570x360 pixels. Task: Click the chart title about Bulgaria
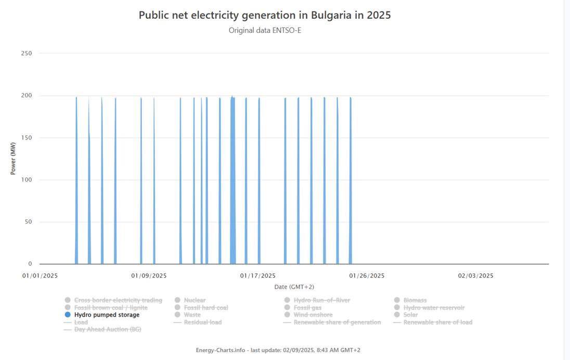coord(265,15)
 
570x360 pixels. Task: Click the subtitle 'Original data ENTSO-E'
coord(265,30)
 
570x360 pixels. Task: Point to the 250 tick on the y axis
coord(27,54)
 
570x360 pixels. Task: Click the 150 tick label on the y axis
coord(27,138)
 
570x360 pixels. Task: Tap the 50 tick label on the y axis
coord(28,222)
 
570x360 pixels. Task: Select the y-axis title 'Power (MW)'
coord(14,159)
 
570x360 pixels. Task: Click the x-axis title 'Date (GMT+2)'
coord(294,287)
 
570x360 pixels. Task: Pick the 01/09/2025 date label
coord(149,276)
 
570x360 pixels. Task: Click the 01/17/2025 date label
coord(258,276)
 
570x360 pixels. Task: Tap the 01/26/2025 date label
coord(367,276)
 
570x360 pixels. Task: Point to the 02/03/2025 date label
coord(476,276)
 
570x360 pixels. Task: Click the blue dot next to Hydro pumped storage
coord(68,315)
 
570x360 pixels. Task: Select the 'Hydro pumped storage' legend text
coord(107,315)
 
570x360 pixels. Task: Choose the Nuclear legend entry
coord(195,300)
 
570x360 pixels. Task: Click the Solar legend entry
coord(410,315)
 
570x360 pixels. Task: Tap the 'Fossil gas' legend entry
coord(307,307)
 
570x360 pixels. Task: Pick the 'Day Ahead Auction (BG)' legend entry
coord(108,329)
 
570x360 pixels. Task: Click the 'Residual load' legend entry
coord(202,322)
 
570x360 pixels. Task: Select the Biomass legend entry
coord(415,300)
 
